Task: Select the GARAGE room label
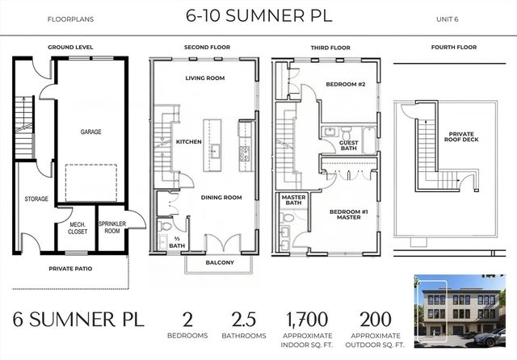point(90,131)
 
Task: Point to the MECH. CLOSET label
point(78,228)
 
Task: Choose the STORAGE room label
point(36,199)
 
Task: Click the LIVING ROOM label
point(204,78)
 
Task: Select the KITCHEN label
point(188,142)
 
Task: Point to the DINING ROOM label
point(222,197)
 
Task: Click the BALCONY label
point(219,262)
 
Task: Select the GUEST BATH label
point(349,145)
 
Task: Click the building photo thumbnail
point(459,311)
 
